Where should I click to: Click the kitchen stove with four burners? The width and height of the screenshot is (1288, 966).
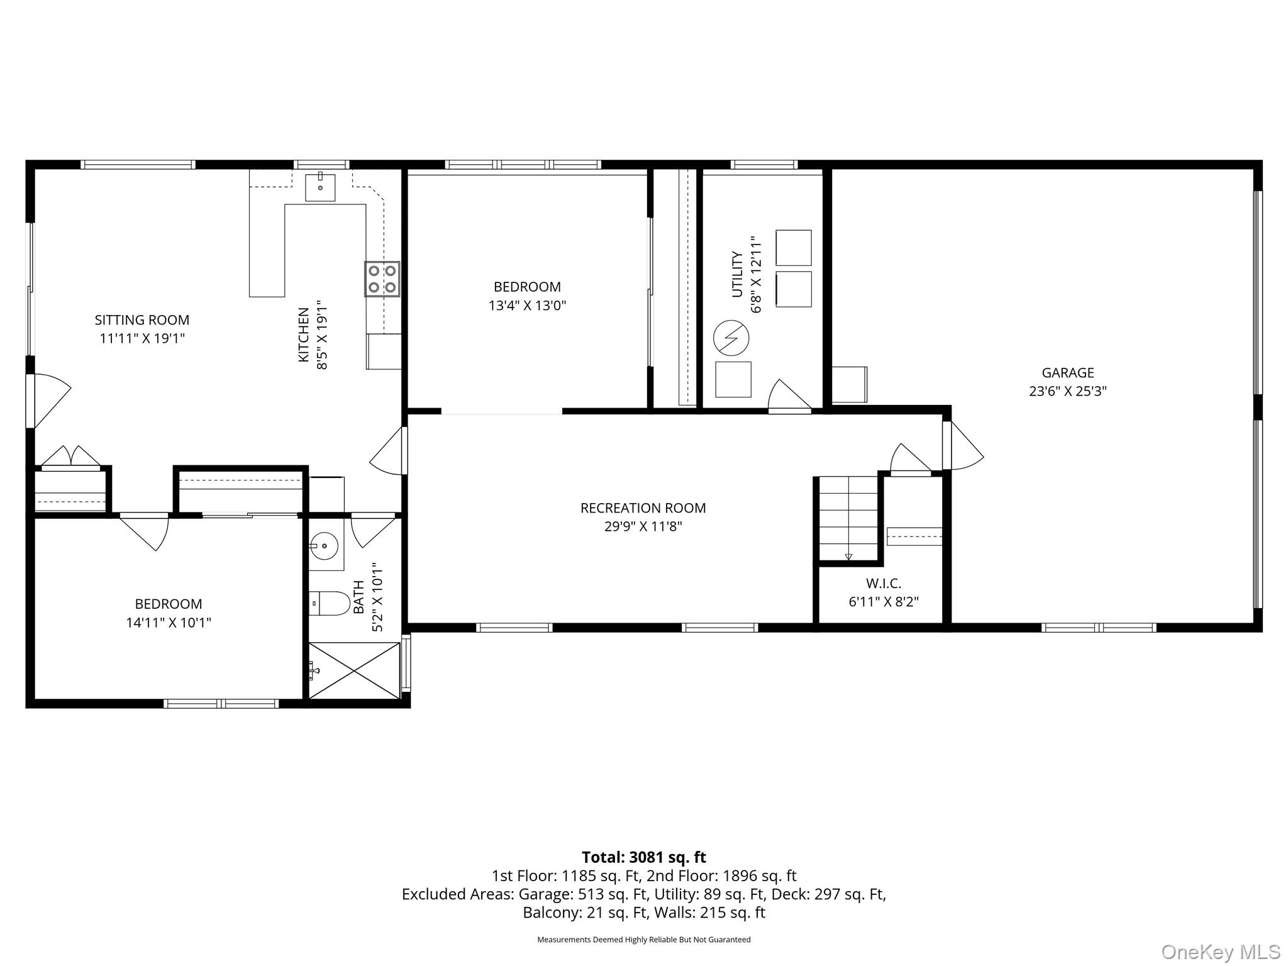click(x=382, y=279)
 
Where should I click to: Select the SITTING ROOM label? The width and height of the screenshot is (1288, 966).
click(x=142, y=320)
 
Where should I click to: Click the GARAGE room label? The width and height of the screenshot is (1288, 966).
click(x=1067, y=373)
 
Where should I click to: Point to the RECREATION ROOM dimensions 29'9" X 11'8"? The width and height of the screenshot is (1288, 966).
click(x=643, y=526)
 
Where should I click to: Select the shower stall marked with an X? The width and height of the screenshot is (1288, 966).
click(x=355, y=670)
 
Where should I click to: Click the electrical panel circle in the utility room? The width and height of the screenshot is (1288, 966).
click(x=731, y=338)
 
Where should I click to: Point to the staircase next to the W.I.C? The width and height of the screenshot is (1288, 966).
click(x=848, y=518)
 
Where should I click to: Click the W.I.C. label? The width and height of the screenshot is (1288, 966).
click(x=883, y=584)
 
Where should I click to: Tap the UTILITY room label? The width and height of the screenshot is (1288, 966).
click(x=737, y=274)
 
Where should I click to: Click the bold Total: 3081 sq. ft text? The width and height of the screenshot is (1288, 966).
click(x=643, y=857)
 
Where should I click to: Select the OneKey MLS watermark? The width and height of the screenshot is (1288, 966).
click(x=1220, y=952)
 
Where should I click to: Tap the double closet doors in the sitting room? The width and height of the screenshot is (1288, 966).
click(x=71, y=457)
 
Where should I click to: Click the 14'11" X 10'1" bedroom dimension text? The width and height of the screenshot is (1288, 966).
click(x=169, y=623)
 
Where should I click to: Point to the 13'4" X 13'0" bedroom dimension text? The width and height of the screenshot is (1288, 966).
click(x=527, y=306)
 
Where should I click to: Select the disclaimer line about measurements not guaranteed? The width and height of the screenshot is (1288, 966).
click(x=643, y=940)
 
